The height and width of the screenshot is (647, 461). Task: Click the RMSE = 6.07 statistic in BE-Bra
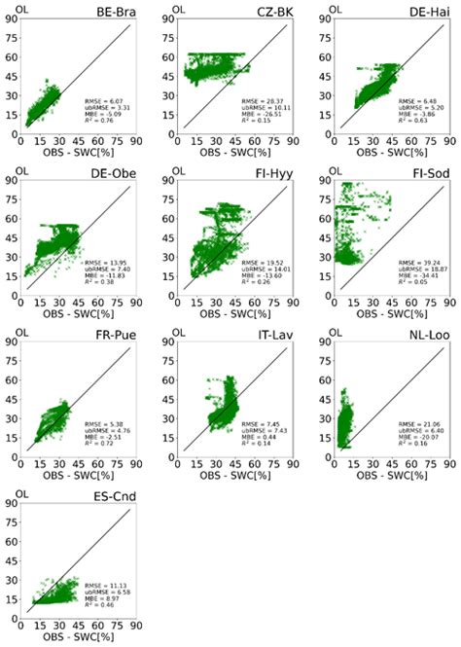(101, 99)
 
